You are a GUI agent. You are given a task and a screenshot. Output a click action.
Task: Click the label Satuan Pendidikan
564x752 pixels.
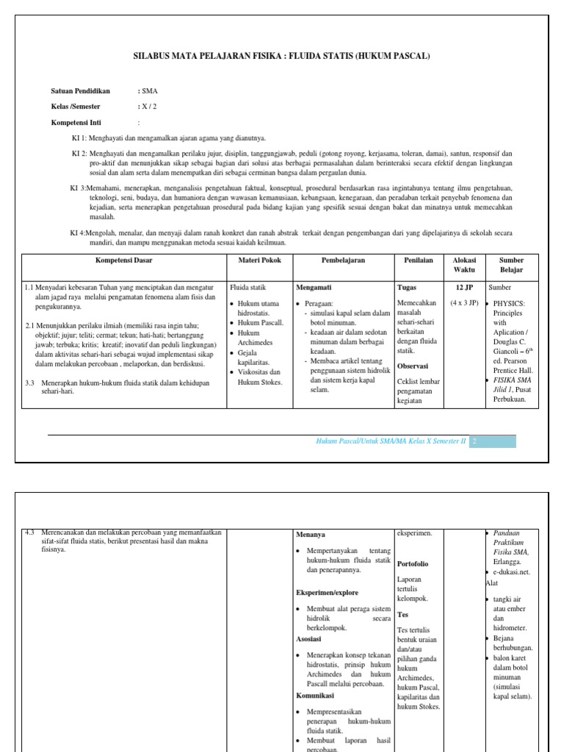click(x=80, y=91)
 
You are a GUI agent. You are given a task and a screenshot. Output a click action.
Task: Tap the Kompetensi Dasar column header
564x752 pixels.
click(x=123, y=261)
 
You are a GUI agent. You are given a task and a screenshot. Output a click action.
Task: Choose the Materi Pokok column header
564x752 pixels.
click(x=260, y=261)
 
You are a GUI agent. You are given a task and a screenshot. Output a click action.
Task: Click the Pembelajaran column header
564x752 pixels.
click(x=343, y=261)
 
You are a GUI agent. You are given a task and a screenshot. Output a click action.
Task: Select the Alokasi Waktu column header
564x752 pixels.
click(x=464, y=265)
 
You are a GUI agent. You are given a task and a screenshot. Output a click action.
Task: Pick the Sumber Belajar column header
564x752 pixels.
click(x=512, y=265)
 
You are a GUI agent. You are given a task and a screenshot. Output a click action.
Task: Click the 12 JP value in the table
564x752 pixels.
click(x=464, y=287)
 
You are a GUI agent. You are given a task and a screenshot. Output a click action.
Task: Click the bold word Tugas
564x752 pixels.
click(x=407, y=287)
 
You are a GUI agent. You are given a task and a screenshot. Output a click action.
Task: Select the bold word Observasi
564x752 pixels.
click(x=413, y=366)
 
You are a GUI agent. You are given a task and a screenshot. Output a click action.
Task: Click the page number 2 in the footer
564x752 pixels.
click(x=475, y=441)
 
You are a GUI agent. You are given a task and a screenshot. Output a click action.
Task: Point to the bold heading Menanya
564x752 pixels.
click(x=311, y=535)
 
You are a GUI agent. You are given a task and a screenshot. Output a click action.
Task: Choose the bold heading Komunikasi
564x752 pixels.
click(x=317, y=695)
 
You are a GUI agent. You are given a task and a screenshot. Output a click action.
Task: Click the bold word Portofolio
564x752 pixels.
click(x=413, y=564)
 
